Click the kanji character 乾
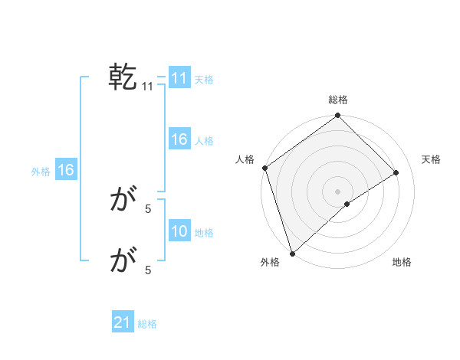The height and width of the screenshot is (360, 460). click(x=123, y=78)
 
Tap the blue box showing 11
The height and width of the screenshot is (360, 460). click(x=179, y=79)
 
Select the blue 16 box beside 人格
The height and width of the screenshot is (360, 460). click(x=179, y=140)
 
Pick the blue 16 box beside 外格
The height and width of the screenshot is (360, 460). click(x=66, y=171)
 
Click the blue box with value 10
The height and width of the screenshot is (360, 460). click(x=179, y=232)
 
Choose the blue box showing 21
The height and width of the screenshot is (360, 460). click(x=123, y=323)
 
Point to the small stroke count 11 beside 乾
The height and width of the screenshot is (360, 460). click(x=148, y=87)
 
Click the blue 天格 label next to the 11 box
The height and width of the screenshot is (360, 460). click(x=204, y=80)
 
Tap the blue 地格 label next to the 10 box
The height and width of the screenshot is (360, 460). click(x=204, y=233)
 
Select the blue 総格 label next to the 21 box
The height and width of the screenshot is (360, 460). click(x=147, y=324)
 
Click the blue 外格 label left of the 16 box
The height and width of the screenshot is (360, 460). click(x=41, y=172)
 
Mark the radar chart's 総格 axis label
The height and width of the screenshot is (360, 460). click(x=338, y=100)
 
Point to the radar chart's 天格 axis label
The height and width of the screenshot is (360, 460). click(x=431, y=159)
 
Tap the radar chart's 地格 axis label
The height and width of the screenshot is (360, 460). click(x=402, y=263)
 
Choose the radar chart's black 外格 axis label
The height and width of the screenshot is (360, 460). click(x=270, y=263)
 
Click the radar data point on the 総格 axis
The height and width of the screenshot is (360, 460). click(x=338, y=116)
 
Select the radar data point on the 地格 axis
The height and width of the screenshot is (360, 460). click(x=347, y=204)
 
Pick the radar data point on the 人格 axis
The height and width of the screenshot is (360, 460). click(x=265, y=168)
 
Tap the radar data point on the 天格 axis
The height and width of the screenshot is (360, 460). click(x=396, y=172)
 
